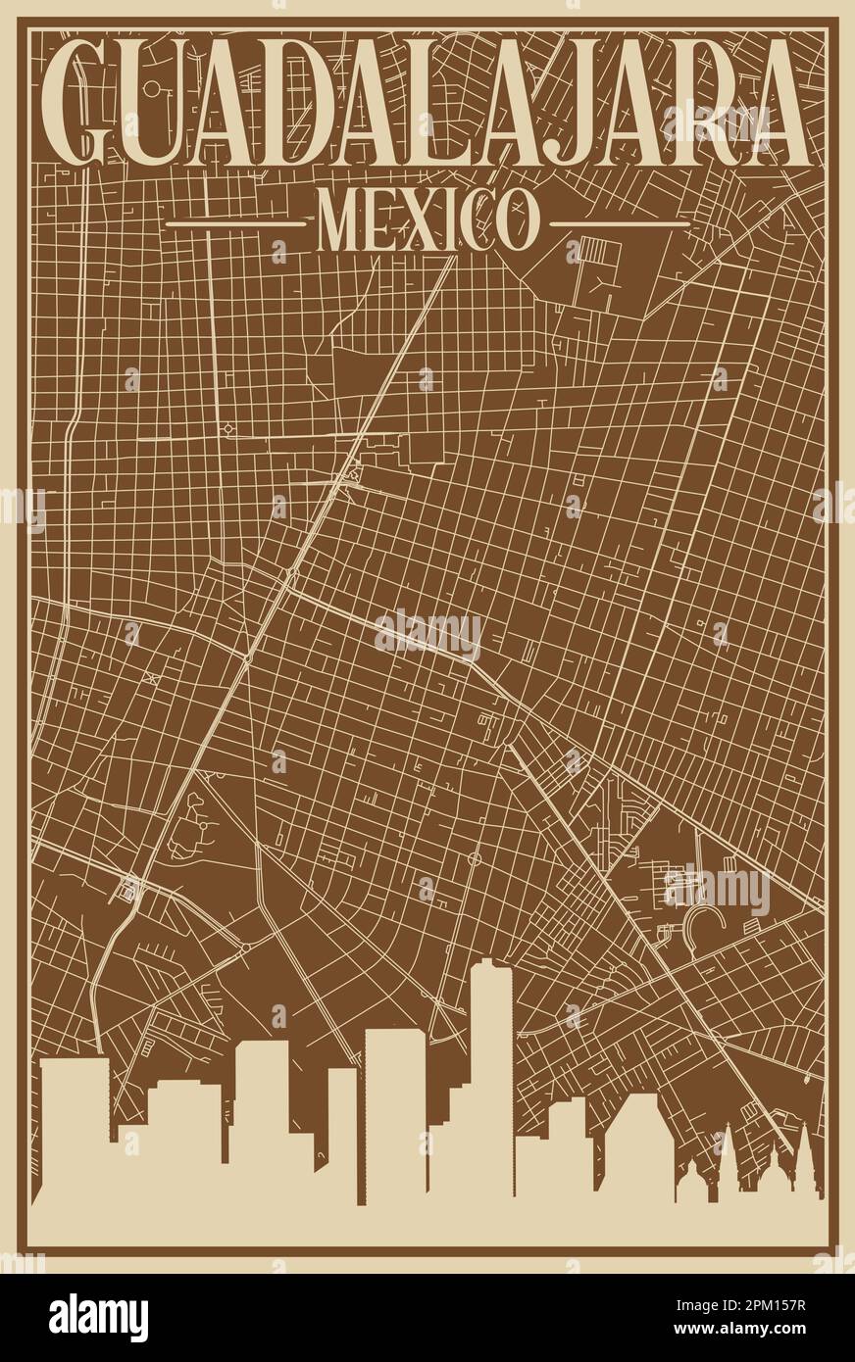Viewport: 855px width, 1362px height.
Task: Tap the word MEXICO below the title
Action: pos(427,221)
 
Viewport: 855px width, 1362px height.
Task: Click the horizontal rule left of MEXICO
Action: pos(235,223)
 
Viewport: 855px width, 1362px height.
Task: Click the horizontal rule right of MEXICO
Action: pos(620,223)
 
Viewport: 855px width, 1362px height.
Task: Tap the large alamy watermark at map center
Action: pos(427,634)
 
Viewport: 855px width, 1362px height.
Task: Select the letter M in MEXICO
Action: pos(338,221)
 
